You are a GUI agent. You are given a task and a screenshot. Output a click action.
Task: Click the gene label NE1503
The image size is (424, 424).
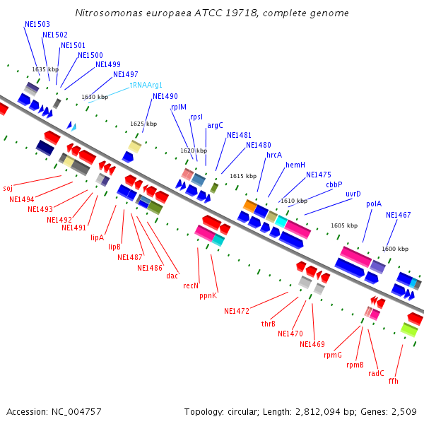pos(37,24)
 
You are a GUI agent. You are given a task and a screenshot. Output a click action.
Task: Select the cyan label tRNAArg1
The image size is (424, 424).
pos(146,85)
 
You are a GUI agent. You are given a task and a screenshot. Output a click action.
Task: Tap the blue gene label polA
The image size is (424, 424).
pos(374,204)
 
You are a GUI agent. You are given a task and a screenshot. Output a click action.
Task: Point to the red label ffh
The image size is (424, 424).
pos(393,381)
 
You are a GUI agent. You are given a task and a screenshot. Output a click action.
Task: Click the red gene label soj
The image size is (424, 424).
pos(8,188)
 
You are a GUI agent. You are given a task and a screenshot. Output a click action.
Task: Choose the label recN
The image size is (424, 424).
pos(190,285)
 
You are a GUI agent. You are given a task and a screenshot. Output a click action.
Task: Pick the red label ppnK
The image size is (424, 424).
pos(208,295)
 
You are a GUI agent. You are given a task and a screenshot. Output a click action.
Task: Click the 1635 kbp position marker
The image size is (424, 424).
pos(45,69)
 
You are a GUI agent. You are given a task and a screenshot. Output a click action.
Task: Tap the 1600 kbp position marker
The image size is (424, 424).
pos(395,249)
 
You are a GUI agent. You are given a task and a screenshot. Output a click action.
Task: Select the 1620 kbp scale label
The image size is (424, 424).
pos(194,151)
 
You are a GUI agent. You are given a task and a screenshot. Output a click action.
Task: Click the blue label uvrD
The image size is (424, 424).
pos(353,194)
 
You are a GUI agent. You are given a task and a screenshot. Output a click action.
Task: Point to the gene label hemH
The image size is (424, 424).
pos(295,165)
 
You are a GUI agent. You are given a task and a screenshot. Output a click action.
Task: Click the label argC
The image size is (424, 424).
pos(215,125)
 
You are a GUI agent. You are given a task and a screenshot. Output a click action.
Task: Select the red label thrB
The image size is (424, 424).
pos(268,324)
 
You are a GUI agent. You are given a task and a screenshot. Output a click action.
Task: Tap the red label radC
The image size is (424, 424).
pos(376,373)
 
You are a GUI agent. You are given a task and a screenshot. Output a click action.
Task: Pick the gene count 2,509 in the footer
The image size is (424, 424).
pos(404,411)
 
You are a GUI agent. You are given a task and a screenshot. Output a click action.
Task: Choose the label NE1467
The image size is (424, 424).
pos(398,215)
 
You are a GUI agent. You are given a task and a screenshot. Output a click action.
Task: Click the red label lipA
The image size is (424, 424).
pos(97,237)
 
